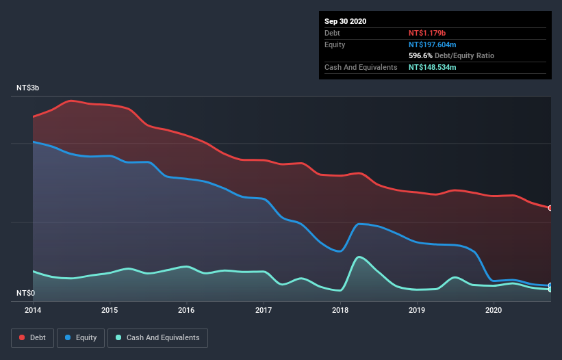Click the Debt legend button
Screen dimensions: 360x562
32,337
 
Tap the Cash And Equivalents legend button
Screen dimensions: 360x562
157,337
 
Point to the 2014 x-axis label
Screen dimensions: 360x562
33,311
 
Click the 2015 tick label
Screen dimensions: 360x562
110,311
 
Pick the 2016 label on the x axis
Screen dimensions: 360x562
186,311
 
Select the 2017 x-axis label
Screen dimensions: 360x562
264,311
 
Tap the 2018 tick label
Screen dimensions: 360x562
340,311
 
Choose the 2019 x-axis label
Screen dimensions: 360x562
418,311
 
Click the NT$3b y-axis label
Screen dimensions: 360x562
28,88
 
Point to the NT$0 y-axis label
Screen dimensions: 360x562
26,294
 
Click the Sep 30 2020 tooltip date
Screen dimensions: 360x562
345,21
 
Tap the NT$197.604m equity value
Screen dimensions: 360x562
437,44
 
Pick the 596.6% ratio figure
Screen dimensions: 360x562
420,55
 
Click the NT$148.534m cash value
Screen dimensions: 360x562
437,67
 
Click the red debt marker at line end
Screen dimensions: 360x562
550,208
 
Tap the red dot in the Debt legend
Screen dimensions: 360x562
21,337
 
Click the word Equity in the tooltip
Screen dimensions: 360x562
335,44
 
